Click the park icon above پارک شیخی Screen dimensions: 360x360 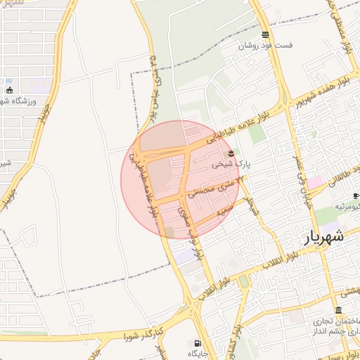231,153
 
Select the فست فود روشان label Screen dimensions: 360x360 265,45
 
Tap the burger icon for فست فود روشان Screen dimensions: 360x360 265,34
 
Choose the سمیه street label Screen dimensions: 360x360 223,210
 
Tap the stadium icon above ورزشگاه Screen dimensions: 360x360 9,90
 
